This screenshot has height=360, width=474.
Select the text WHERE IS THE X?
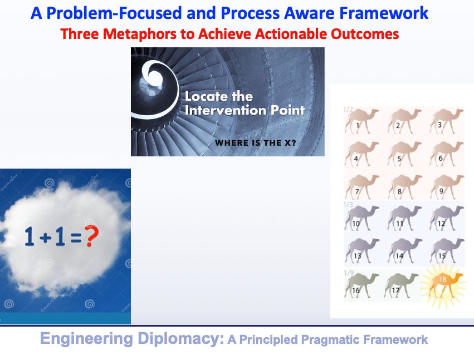pyautogui.click(x=256, y=142)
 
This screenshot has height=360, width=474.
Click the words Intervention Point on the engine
pyautogui.click(x=245, y=110)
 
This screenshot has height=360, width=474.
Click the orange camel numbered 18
pyautogui.click(x=443, y=285)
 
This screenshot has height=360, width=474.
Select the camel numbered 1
pyautogui.click(x=361, y=121)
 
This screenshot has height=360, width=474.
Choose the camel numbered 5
pyautogui.click(x=404, y=154)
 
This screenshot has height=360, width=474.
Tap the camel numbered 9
pyautogui.click(x=447, y=187)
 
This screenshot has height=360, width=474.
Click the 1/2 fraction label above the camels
pyautogui.click(x=348, y=109)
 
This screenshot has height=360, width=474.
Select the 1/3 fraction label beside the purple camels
pyautogui.click(x=348, y=204)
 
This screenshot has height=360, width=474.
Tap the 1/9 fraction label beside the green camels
pyautogui.click(x=349, y=273)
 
